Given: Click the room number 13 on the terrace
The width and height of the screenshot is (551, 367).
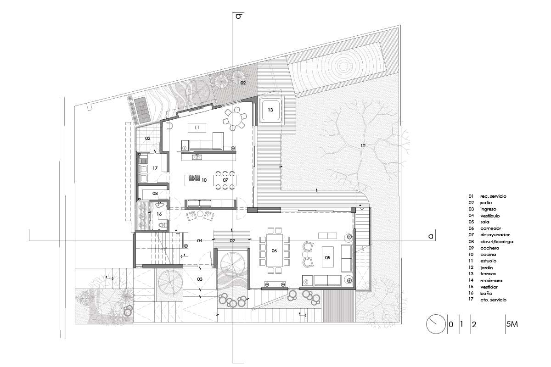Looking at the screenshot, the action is click(270, 110).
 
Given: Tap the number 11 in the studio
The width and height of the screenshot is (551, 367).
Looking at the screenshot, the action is click(197, 128).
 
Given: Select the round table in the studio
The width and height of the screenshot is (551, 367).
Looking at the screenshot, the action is click(235, 119).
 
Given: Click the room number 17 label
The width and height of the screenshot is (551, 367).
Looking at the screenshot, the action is click(155, 168).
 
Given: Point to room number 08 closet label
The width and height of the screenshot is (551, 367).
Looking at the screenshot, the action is click(155, 194).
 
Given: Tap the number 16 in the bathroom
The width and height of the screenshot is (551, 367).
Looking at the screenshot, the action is click(159, 214).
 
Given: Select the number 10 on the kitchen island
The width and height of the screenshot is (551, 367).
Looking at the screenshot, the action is click(204, 180).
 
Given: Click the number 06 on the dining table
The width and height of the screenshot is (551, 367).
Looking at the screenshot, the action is click(274, 251).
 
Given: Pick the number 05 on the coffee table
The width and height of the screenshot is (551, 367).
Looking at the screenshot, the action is click(328, 258).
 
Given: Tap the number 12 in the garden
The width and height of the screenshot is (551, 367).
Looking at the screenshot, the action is click(363, 146).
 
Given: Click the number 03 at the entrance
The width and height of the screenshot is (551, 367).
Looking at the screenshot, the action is click(200, 279).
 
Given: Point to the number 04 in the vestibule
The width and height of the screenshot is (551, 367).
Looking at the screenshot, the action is click(200, 241).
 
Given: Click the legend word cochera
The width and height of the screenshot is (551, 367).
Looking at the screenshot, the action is click(490, 248).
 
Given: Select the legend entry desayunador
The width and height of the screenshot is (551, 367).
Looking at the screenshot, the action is click(495, 235).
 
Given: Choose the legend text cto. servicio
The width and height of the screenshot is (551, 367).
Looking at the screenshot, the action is click(494, 300).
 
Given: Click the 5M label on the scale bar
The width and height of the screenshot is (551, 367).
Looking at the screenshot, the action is click(512, 324).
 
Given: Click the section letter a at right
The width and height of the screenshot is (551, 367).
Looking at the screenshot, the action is click(431, 236).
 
